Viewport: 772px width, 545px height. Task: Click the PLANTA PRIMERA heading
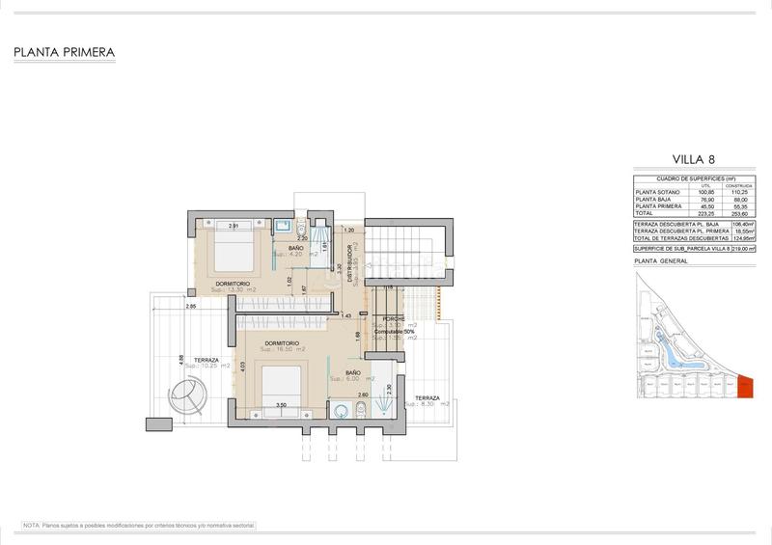pyautogui.click(x=65, y=52)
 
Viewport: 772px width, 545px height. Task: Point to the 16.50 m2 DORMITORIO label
pyautogui.click(x=279, y=345)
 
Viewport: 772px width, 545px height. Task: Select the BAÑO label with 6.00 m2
pyautogui.click(x=351, y=373)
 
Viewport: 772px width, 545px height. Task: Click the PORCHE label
pyautogui.click(x=394, y=318)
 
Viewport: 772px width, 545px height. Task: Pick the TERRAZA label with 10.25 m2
pyautogui.click(x=205, y=361)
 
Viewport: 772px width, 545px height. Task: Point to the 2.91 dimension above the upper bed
pyautogui.click(x=234, y=226)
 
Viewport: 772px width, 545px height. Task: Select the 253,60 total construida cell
pyautogui.click(x=741, y=214)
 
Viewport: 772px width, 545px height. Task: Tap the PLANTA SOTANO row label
pyautogui.click(x=658, y=192)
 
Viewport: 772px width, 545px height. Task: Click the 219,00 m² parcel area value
pyautogui.click(x=742, y=248)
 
